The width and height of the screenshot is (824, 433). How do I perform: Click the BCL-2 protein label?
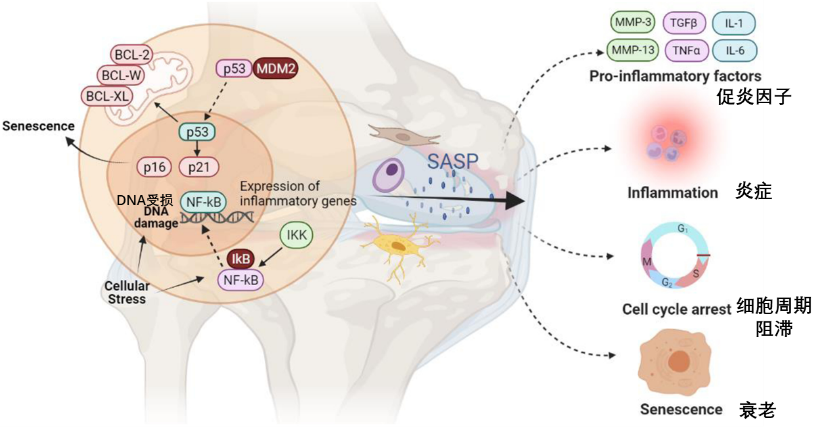[x=132, y=54]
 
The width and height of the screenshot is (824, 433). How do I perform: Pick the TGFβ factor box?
[x=685, y=22]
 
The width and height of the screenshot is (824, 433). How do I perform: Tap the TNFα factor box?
[x=685, y=49]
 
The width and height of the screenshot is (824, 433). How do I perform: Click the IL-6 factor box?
[x=735, y=49]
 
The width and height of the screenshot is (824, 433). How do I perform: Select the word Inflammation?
[x=672, y=192]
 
